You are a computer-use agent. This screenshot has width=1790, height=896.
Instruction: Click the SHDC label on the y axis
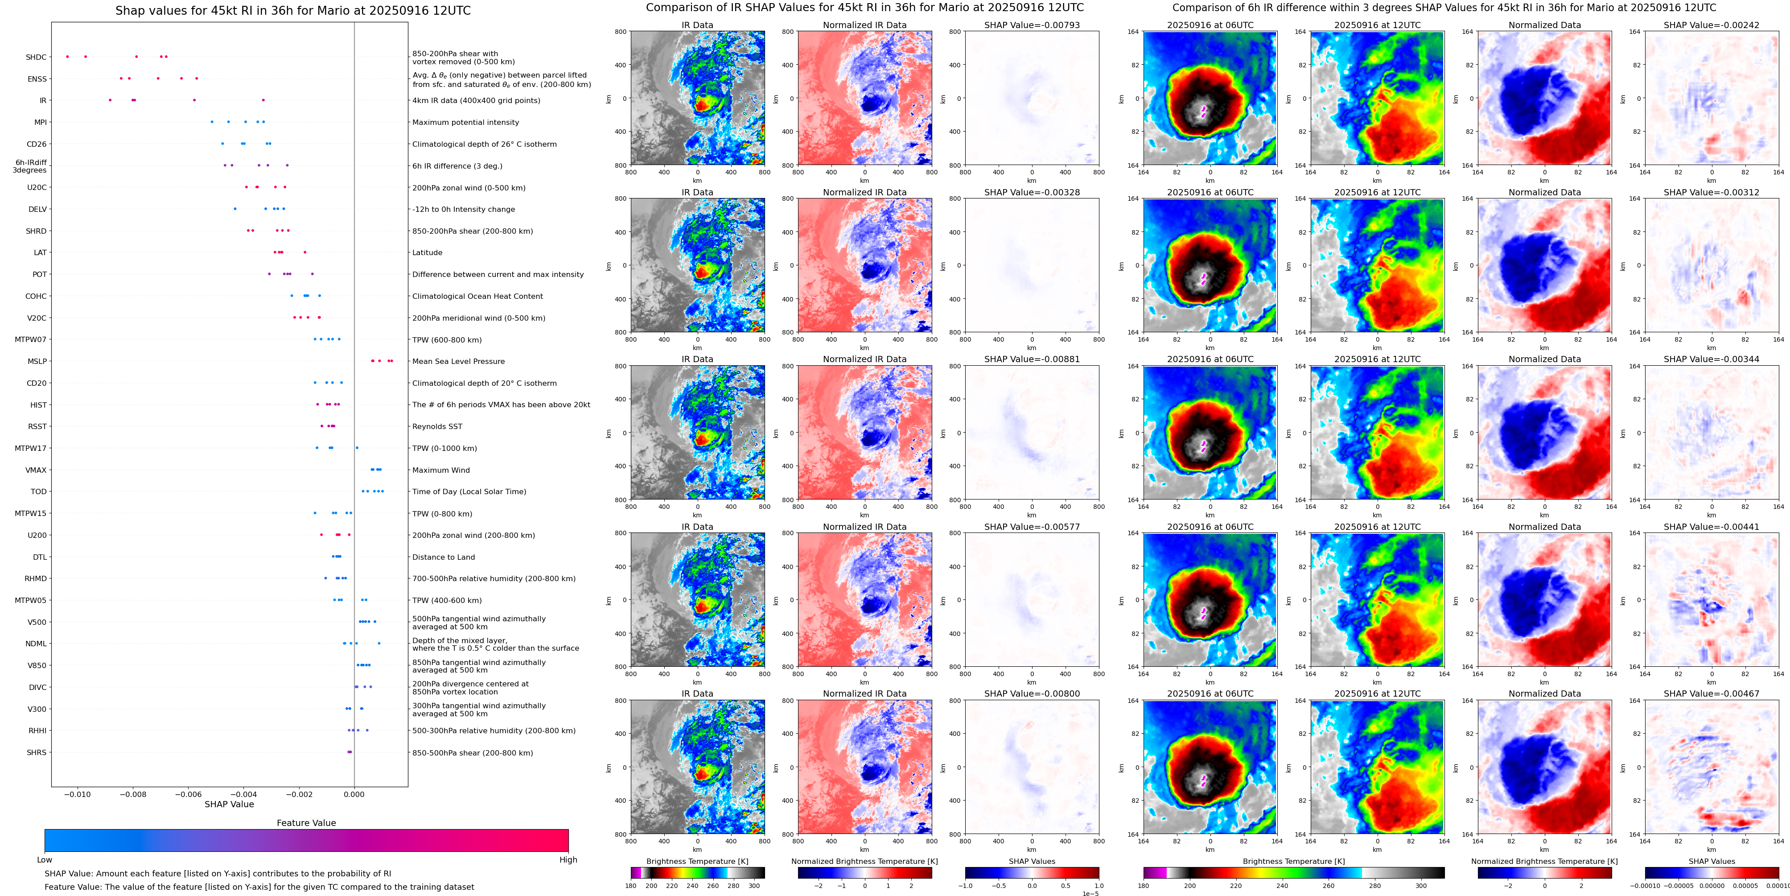(x=36, y=57)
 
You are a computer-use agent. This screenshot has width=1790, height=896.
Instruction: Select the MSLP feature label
(x=37, y=361)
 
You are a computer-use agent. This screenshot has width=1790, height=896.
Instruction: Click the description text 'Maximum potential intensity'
(x=465, y=122)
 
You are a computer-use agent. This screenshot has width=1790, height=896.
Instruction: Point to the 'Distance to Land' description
(x=443, y=557)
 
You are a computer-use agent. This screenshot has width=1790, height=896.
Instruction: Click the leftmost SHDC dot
(x=67, y=56)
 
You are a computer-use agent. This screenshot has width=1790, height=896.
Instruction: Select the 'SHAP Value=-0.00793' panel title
(x=1032, y=25)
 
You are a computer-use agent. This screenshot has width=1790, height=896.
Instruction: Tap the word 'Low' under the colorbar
(x=45, y=860)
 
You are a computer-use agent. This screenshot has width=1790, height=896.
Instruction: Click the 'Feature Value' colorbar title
(x=306, y=823)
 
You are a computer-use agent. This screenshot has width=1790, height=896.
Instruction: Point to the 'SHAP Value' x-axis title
(x=229, y=804)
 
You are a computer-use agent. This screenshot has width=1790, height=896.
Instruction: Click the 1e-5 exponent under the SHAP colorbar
(x=1090, y=893)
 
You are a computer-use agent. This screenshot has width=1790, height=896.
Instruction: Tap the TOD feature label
(x=38, y=491)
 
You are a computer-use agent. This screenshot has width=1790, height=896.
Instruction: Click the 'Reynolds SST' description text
(x=437, y=427)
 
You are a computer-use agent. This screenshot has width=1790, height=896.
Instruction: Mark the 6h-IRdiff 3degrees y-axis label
(x=30, y=166)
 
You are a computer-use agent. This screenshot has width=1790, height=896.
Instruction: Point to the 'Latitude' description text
(x=428, y=253)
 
